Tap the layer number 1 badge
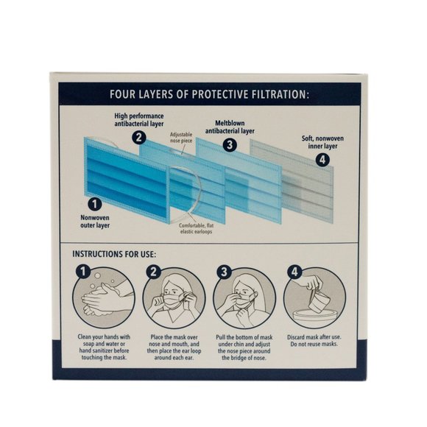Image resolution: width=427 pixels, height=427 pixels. point(95,204)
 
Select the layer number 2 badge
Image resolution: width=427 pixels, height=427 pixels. point(139,137)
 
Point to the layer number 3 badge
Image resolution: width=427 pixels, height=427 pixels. point(230,144)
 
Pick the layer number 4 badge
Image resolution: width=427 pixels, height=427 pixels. point(322,160)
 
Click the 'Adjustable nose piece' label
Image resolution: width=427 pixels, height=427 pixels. point(181,138)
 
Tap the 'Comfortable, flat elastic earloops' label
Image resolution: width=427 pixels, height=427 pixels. point(196,228)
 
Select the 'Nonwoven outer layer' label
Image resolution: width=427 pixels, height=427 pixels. point(95,222)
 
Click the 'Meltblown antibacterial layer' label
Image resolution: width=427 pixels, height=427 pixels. point(230,127)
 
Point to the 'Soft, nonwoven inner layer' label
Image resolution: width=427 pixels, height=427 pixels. point(322,142)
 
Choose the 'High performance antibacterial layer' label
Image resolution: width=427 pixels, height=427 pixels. point(139,120)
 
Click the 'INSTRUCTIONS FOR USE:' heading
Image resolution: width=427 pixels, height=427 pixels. point(114,254)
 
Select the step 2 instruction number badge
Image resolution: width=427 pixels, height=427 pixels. point(154,272)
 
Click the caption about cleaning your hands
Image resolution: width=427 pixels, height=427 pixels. point(104,347)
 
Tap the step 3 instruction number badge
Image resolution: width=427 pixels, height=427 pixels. point(224,272)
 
